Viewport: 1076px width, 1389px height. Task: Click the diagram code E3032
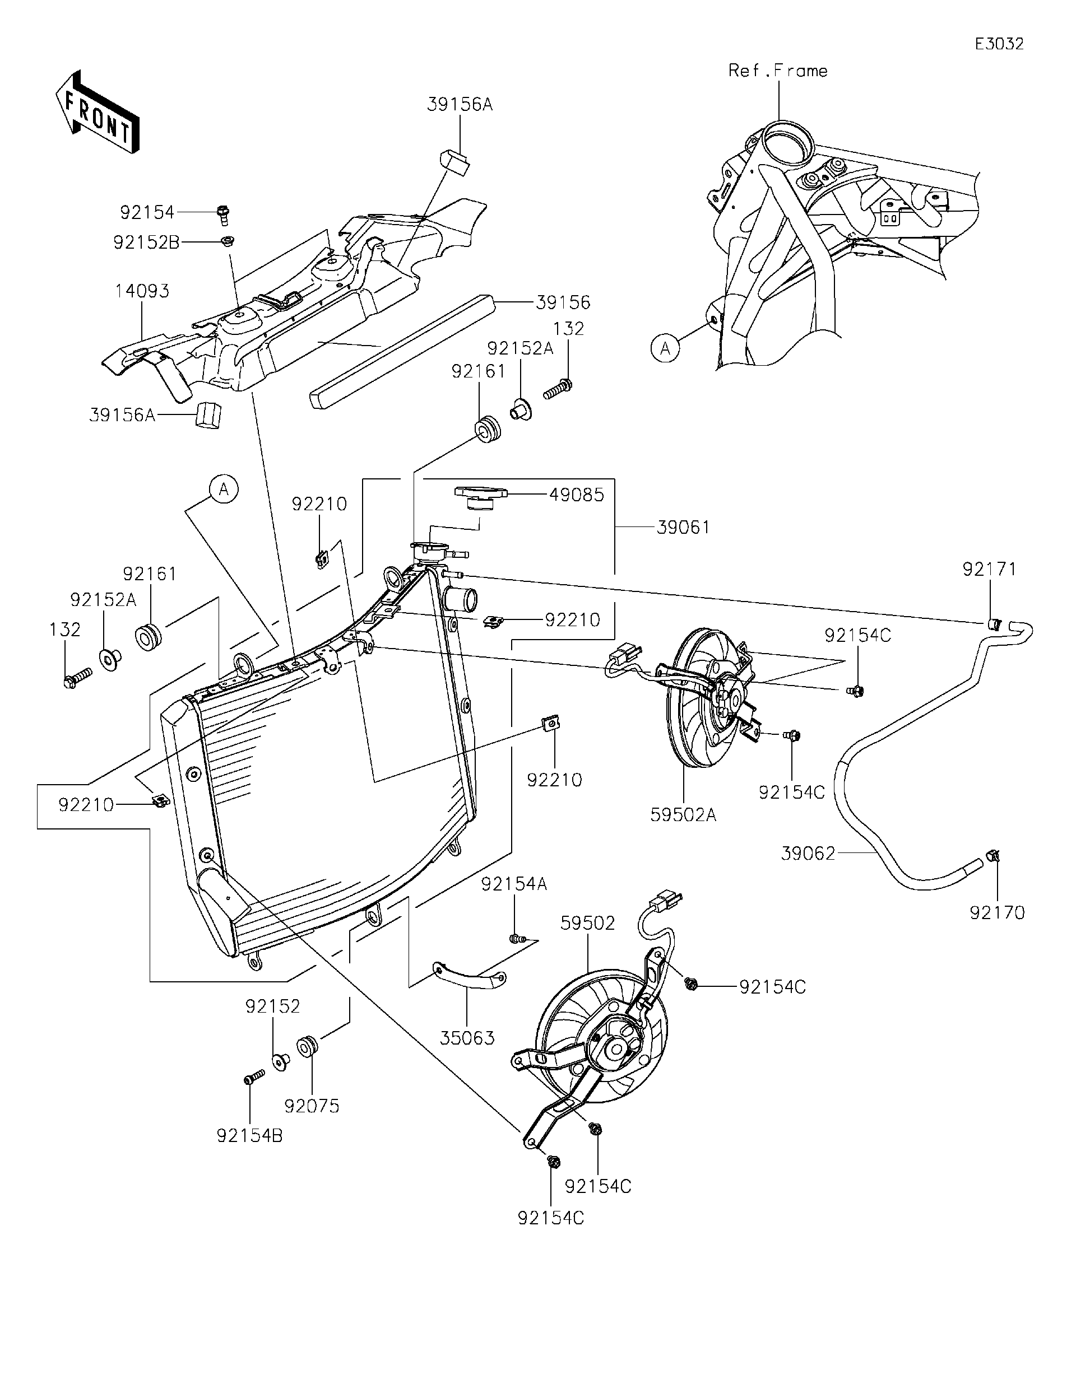coord(1000,44)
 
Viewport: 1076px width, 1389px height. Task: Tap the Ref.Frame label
coord(777,71)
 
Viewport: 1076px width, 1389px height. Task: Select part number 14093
coord(142,291)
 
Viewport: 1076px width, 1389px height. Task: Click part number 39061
coord(683,527)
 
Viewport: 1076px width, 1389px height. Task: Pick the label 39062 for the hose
coord(808,854)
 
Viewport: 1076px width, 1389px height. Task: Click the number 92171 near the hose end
coord(990,569)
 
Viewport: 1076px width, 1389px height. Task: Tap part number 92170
coord(997,912)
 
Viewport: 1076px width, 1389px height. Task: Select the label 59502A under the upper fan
coord(683,815)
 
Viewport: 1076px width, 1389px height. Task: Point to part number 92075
coord(311,1106)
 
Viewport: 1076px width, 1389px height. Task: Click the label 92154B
coord(249,1135)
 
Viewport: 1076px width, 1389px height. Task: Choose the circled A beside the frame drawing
coord(666,348)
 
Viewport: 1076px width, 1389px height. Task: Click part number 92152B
coord(146,243)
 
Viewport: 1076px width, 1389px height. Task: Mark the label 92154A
coord(513,884)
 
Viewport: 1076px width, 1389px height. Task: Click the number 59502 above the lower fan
coord(587,924)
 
